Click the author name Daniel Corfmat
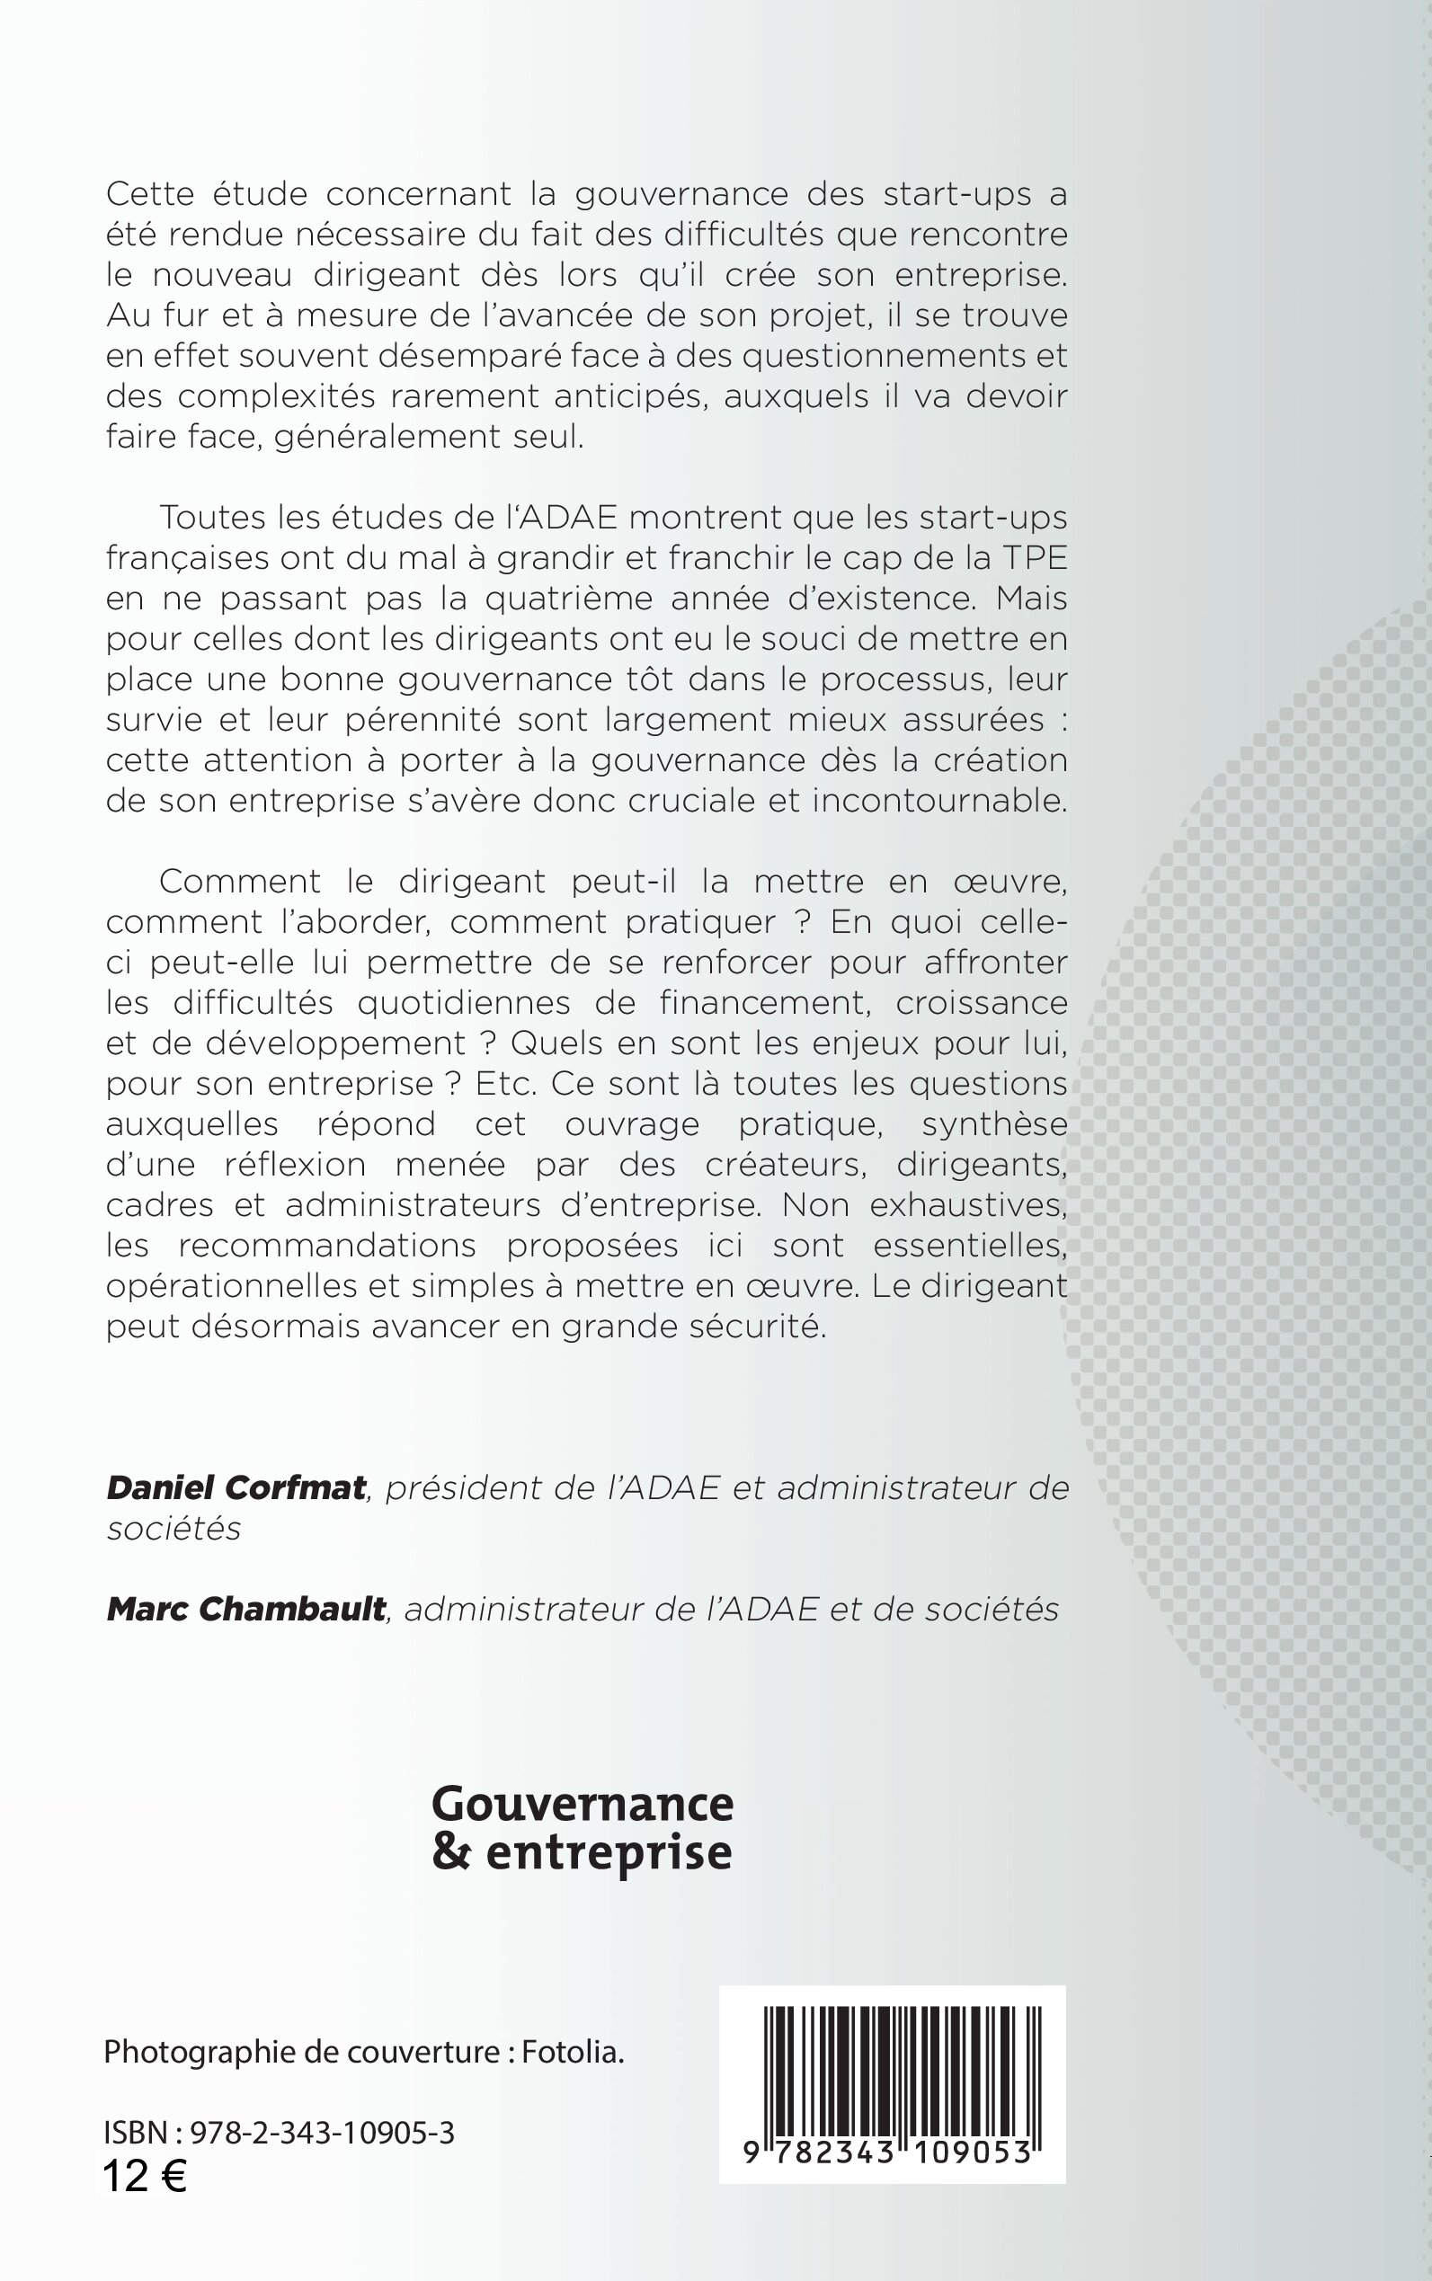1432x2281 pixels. (x=236, y=1487)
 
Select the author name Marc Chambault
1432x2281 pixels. (x=246, y=1609)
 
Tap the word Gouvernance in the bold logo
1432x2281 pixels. (x=583, y=1804)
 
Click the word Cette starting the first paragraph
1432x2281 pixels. (x=149, y=193)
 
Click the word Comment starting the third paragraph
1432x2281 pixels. (x=240, y=881)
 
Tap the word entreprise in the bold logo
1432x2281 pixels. (x=608, y=1852)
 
